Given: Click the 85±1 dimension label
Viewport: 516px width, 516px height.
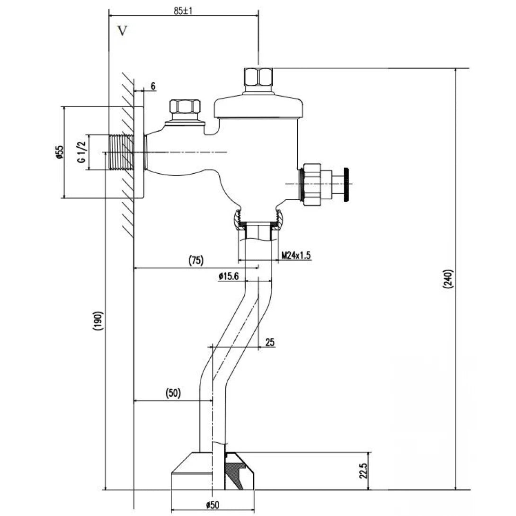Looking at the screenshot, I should click(182, 11).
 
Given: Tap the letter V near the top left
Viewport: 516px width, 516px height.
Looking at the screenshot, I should click(123, 31).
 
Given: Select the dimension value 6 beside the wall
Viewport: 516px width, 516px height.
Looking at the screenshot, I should click(153, 86).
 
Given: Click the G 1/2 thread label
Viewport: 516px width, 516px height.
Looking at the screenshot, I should click(81, 152).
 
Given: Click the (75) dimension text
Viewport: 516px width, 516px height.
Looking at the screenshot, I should click(196, 260).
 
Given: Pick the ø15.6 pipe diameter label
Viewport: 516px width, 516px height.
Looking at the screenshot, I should click(229, 276).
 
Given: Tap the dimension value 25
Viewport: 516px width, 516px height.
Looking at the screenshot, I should click(270, 342).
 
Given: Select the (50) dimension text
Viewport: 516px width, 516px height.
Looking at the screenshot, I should click(173, 393).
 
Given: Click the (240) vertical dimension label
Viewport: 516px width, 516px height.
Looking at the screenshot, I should click(449, 280).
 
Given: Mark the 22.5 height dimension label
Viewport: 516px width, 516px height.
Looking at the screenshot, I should click(364, 471).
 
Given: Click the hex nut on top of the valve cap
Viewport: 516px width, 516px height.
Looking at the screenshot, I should click(258, 77).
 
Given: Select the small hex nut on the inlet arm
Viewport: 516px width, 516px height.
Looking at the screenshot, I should click(185, 107).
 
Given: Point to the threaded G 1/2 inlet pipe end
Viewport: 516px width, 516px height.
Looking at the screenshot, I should click(121, 152).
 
